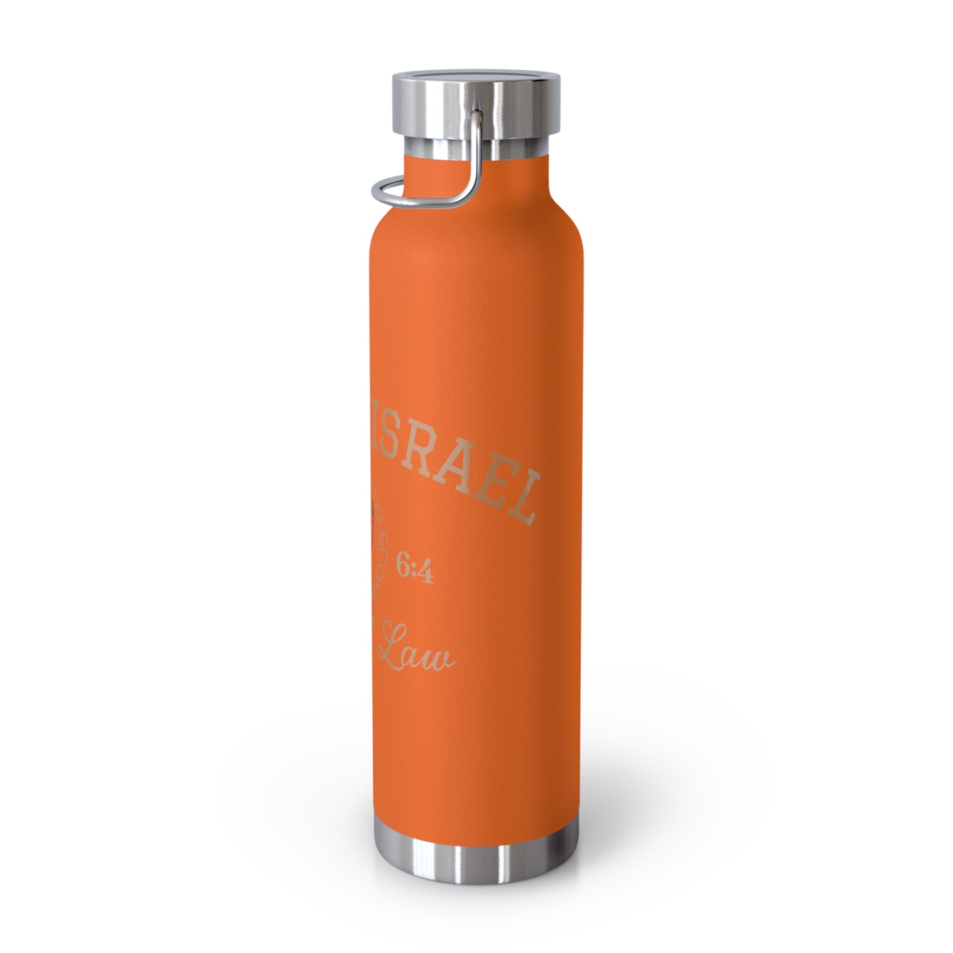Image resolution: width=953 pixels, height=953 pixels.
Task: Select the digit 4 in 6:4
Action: click(x=426, y=575)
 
